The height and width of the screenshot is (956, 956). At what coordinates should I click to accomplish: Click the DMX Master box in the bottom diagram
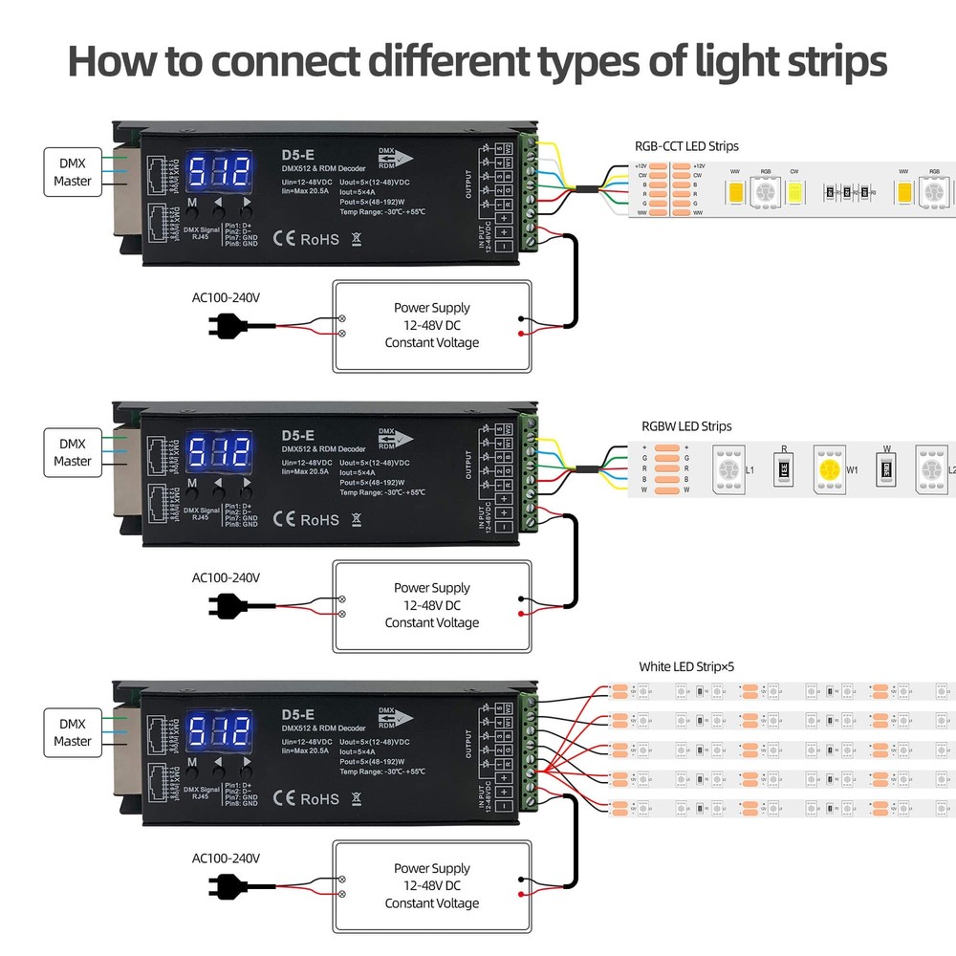(73, 732)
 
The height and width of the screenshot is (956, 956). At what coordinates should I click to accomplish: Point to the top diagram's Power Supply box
(431, 325)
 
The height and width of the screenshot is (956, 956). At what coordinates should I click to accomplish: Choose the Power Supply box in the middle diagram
(431, 605)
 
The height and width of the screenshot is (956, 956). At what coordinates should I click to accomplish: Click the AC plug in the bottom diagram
(226, 886)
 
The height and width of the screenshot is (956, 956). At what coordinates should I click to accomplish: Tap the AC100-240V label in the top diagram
(226, 297)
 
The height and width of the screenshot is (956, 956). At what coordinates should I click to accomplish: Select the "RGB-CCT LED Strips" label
(686, 146)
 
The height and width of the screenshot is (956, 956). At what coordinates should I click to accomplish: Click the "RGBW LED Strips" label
(686, 426)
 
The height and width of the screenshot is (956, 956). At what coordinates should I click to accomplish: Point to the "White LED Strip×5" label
(686, 667)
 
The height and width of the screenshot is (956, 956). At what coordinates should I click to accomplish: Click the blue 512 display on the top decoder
(218, 173)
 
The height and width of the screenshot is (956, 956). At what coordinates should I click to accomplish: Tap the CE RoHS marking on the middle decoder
(306, 519)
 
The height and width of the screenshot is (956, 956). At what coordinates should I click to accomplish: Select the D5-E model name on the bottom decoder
(298, 714)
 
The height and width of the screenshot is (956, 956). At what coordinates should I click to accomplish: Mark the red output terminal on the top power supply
(520, 334)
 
